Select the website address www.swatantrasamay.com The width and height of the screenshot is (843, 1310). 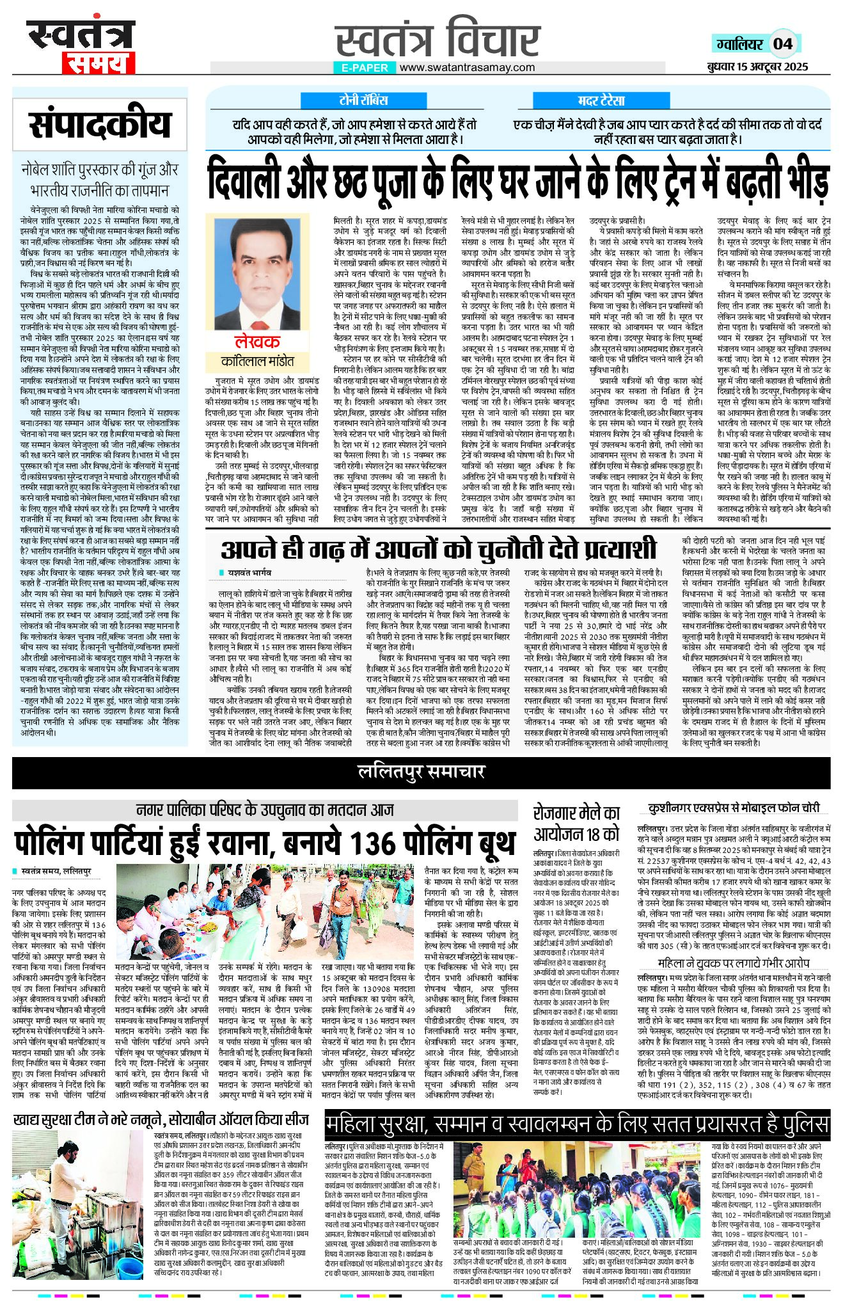coord(467,67)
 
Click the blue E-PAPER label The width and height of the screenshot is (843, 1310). coord(365,68)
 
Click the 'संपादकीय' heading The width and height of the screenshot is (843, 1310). coord(100,124)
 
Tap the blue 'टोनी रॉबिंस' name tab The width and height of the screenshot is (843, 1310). coord(363,100)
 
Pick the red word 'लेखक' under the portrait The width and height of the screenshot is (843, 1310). coord(256,342)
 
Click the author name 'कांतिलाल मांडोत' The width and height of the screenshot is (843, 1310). coord(258,362)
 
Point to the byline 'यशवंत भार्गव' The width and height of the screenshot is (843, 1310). coord(249,572)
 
